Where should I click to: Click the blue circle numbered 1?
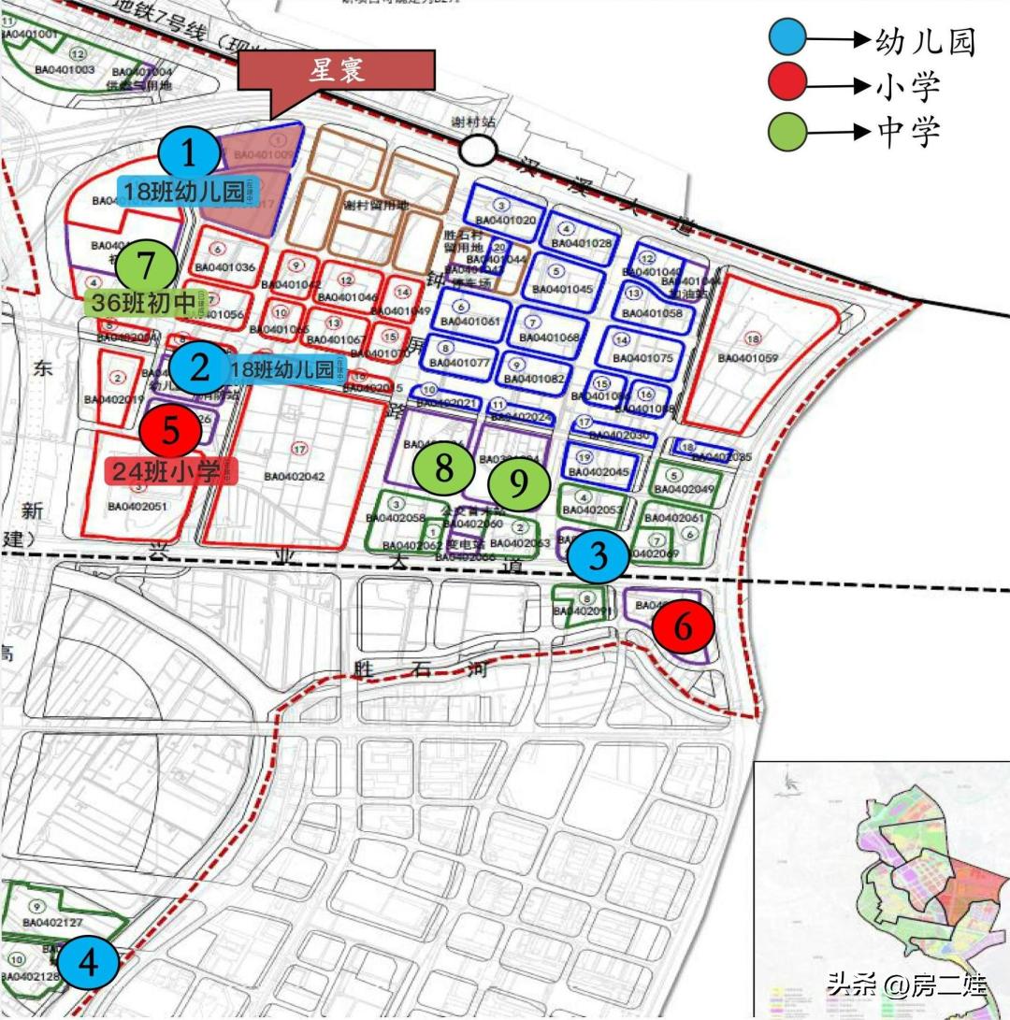pos(190,152)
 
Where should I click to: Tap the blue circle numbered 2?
pos(200,368)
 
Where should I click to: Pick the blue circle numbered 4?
pos(87,962)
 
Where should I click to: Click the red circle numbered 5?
pos(170,430)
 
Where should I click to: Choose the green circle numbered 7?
pos(146,266)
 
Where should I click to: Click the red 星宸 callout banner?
pos(337,72)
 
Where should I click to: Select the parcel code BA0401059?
pos(748,358)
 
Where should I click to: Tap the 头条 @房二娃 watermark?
pos(905,984)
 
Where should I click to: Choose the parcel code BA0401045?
pos(559,290)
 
